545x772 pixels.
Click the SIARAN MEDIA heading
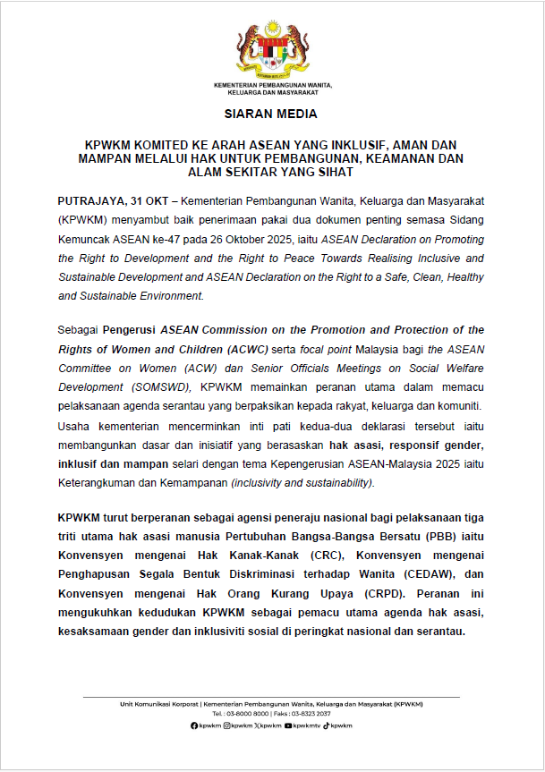tap(272, 115)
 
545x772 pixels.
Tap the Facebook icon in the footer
tap(194, 725)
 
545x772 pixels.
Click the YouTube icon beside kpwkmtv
tap(288, 725)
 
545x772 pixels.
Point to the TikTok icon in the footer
tap(328, 725)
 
